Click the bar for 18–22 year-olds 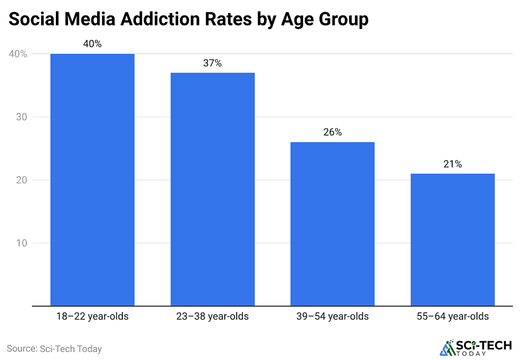pos(92,180)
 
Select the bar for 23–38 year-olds pos(212,189)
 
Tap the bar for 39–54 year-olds pos(332,224)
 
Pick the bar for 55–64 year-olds pos(452,240)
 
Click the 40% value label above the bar pos(92,44)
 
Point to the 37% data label pos(212,63)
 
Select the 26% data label pos(332,133)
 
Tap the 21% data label pos(452,164)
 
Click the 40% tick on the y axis pos(17,54)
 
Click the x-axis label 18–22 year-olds pos(92,316)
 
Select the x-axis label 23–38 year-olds pos(212,316)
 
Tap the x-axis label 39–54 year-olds pos(332,316)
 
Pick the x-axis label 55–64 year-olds pos(452,316)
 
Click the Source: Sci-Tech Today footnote pos(54,349)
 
